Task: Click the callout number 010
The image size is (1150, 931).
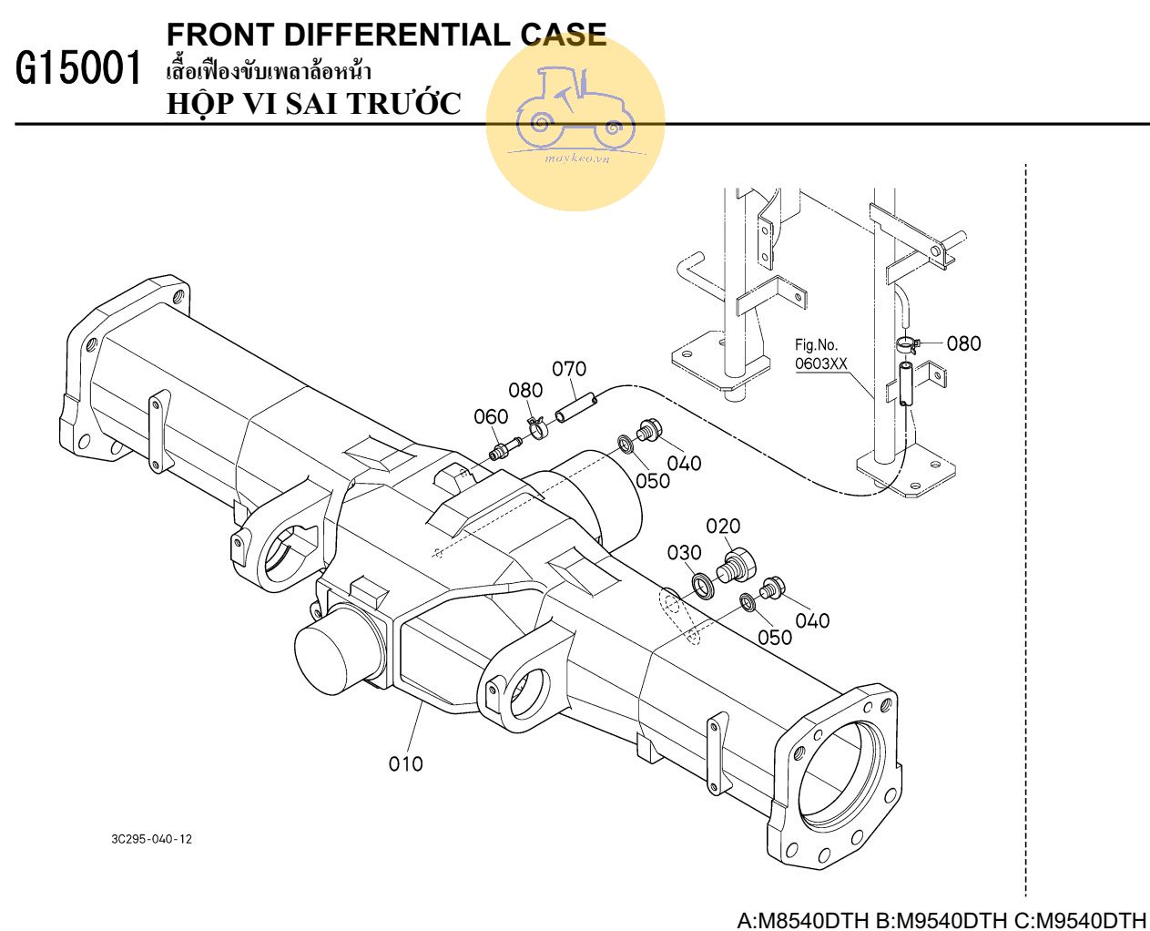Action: (405, 763)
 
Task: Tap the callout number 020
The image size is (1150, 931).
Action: (723, 526)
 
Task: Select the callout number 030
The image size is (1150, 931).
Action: (684, 552)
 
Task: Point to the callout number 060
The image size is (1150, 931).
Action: (491, 417)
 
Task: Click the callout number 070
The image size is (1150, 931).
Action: (569, 369)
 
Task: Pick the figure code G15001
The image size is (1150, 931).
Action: (80, 70)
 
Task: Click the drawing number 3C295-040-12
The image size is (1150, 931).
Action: (152, 839)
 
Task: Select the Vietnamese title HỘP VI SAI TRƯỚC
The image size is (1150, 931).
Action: (314, 104)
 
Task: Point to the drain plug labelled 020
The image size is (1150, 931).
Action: (733, 565)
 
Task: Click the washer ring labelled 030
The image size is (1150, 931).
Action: (704, 584)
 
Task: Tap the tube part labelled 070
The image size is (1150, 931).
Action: (576, 406)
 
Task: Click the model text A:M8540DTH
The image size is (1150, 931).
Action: (802, 919)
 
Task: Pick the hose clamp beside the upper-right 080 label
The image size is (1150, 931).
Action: (906, 344)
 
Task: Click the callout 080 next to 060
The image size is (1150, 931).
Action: (525, 390)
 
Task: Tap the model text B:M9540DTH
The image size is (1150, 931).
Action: (941, 919)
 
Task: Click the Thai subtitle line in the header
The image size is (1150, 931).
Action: (270, 71)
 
